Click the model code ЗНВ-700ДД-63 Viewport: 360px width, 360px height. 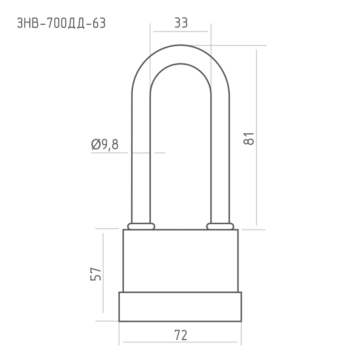(61, 23)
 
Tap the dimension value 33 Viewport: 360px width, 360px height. (181, 23)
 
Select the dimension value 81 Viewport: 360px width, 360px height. (249, 139)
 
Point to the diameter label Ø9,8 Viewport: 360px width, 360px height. (105, 144)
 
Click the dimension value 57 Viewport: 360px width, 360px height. (95, 274)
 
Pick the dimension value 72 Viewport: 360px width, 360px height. (181, 335)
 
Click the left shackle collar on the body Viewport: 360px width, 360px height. (141, 226)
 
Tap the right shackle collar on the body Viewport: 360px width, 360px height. (220, 226)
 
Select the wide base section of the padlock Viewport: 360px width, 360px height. (180, 306)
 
